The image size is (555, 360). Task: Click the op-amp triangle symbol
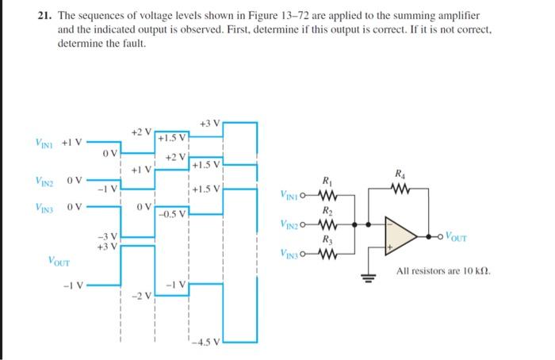click(405, 234)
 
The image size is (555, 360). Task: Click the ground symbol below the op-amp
click(368, 277)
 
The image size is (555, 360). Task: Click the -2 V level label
click(140, 297)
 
